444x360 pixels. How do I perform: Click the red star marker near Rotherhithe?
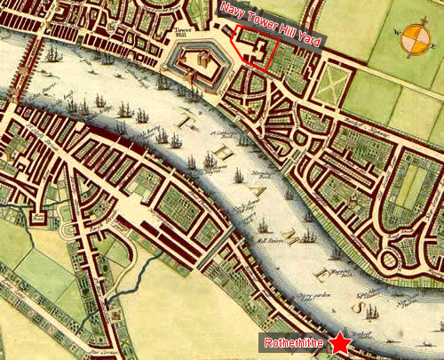(x=339, y=342)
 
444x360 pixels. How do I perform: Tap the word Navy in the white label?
(x=229, y=11)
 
